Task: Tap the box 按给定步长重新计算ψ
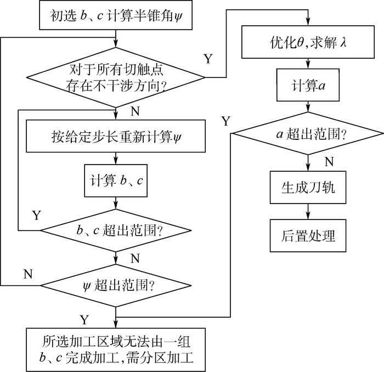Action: tap(115, 136)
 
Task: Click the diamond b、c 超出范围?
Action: tap(116, 229)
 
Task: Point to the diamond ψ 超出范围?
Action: tap(116, 285)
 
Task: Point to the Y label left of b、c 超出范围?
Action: tap(36, 215)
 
